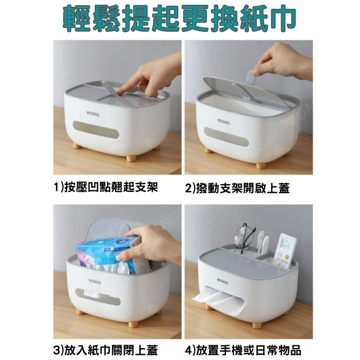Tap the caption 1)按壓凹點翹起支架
(106, 187)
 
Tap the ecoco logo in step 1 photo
(93, 114)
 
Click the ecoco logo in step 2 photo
(223, 121)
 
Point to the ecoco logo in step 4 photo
(222, 281)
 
